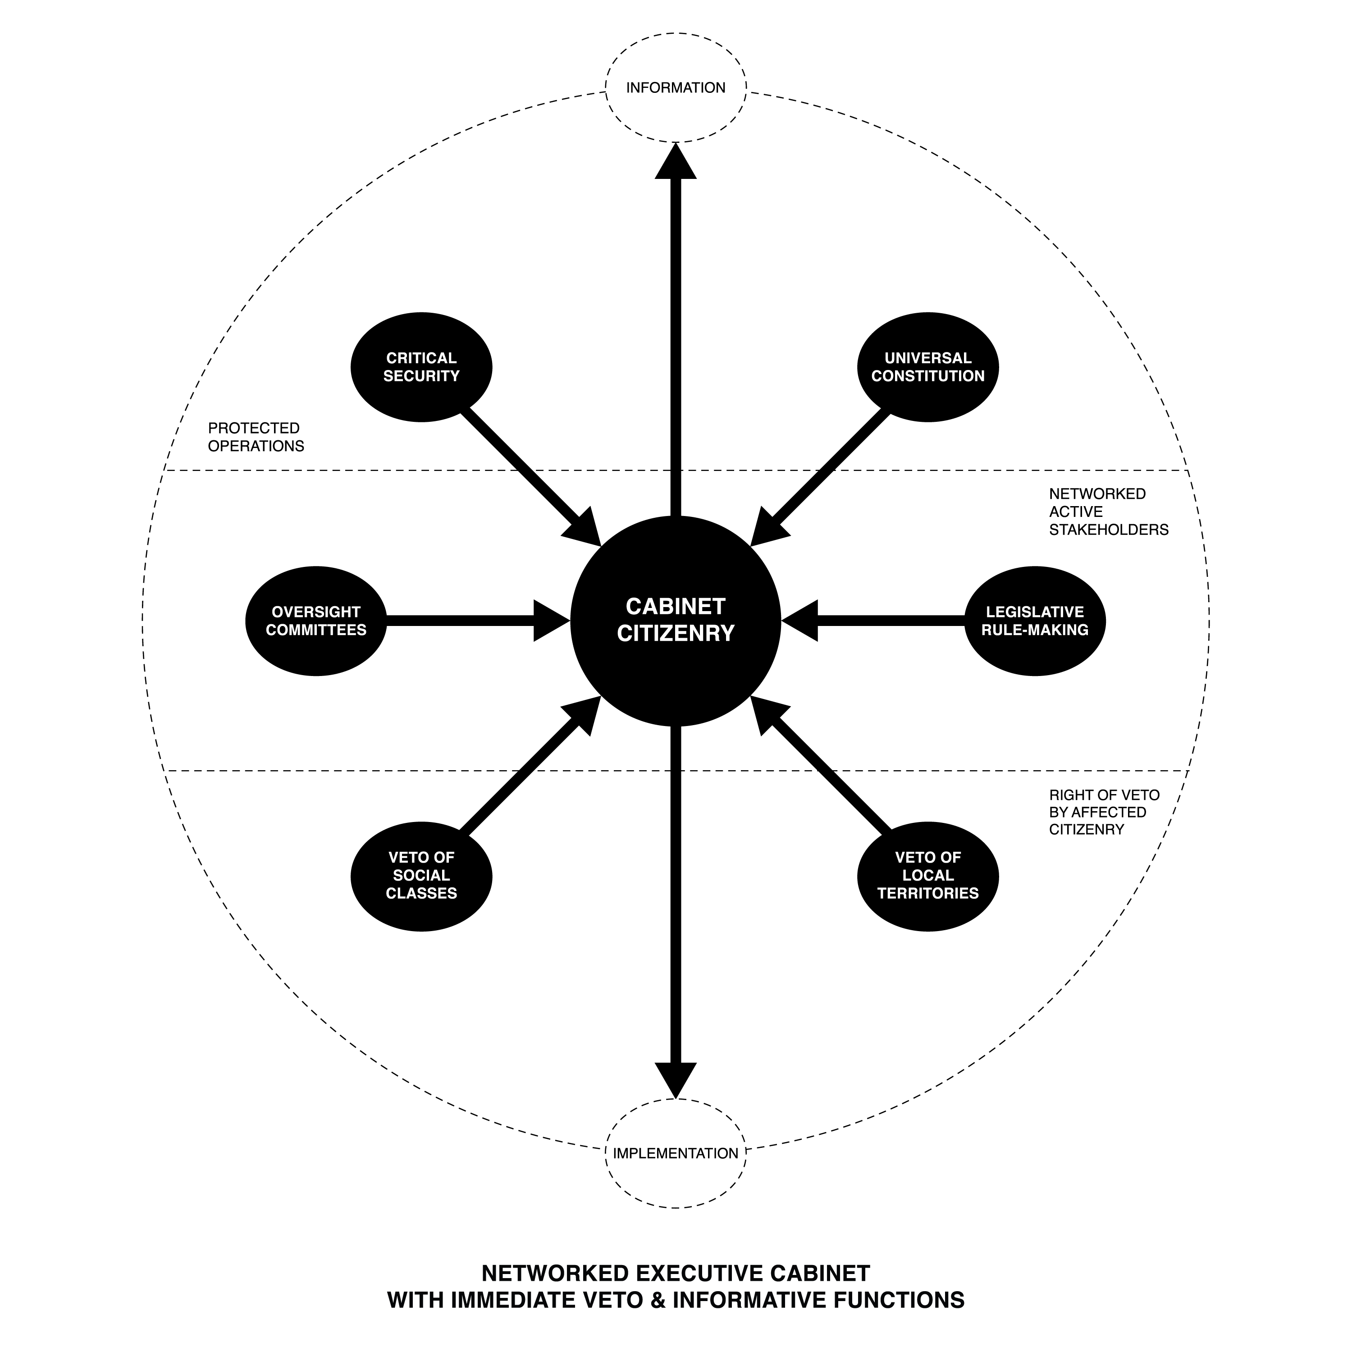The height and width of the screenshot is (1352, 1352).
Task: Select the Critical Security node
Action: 421,367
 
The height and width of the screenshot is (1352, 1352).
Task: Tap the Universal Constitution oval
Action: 928,367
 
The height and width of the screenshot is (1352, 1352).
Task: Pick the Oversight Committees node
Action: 316,621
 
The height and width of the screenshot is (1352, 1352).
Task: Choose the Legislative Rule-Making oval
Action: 1035,621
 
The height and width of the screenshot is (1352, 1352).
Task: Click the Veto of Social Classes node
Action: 421,876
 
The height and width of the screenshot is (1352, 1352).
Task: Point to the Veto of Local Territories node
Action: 928,876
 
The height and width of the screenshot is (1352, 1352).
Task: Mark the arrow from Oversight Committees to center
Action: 478,621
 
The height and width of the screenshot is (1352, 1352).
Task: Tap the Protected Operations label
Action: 256,437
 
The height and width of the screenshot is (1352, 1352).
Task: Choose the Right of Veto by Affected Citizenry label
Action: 1104,813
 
